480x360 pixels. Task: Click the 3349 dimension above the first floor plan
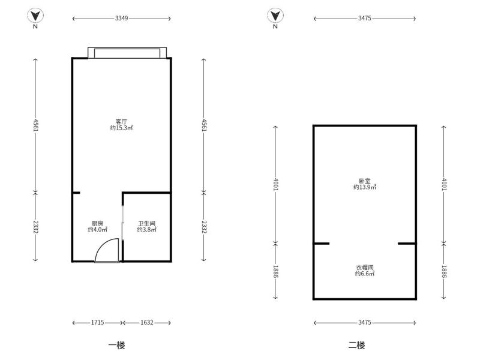point(122,19)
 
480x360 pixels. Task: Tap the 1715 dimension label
point(97,322)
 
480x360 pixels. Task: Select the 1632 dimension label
point(147,322)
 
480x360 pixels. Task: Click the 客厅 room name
point(122,122)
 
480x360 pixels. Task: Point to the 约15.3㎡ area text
point(122,128)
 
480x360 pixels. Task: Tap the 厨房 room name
point(97,223)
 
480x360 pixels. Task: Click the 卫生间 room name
point(146,223)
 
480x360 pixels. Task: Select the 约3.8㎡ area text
point(146,230)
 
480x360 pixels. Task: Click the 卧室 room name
point(365,181)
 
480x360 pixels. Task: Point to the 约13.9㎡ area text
point(365,187)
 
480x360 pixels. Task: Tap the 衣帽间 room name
point(365,267)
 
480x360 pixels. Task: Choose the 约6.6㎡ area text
point(365,274)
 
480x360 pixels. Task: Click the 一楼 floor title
point(116,346)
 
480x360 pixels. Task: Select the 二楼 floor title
point(356,346)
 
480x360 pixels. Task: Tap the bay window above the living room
point(127,53)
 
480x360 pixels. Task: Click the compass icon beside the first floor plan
point(35,16)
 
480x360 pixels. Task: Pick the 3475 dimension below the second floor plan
point(365,322)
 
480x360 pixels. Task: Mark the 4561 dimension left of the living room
point(35,125)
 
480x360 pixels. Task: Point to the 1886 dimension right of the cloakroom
point(444,271)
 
